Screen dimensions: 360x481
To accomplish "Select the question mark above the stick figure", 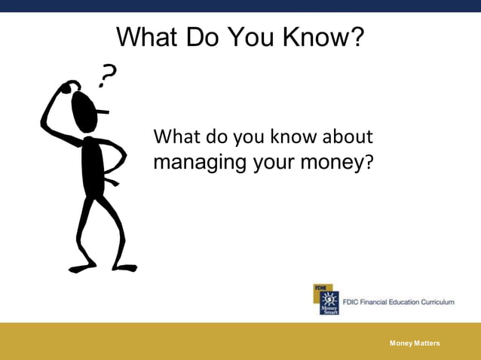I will click(x=110, y=73).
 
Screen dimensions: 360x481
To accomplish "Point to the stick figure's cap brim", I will click(x=102, y=112).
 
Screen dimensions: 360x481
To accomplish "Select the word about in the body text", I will click(x=348, y=137).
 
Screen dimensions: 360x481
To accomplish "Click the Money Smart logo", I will click(x=326, y=299).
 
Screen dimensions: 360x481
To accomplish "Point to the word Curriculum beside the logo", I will click(x=434, y=302).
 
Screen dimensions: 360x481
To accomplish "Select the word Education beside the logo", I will click(x=401, y=302).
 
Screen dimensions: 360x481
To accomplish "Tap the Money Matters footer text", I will click(x=415, y=343).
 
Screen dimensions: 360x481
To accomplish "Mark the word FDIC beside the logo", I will click(x=351, y=302).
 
